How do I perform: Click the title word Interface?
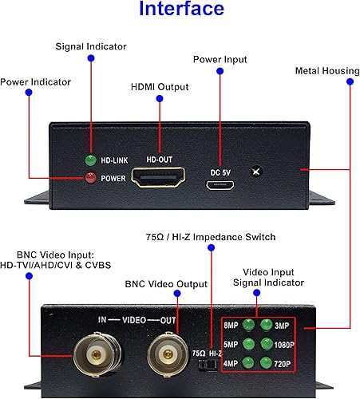180,11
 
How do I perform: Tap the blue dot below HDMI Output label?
159,100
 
